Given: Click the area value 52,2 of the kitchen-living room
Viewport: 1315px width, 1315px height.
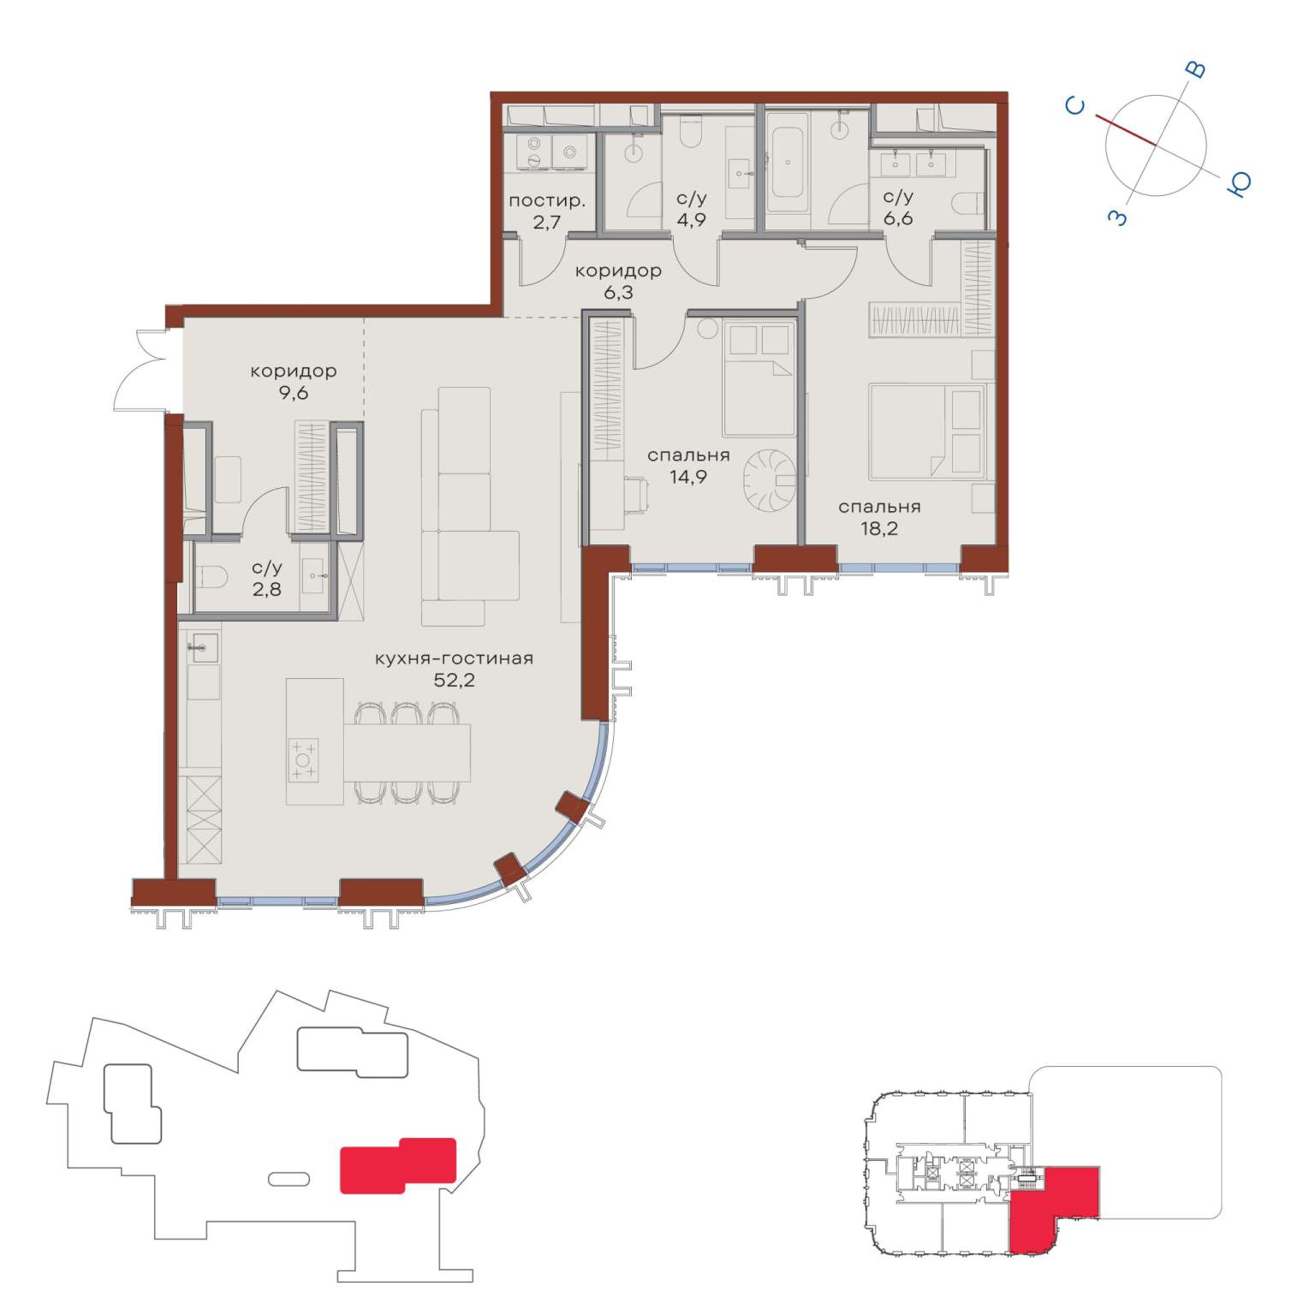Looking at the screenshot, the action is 454,681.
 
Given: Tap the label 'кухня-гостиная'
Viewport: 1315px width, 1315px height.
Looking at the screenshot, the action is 454,658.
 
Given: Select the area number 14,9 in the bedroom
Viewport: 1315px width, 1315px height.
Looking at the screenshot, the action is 688,477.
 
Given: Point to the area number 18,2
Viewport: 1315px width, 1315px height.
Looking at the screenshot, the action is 879,528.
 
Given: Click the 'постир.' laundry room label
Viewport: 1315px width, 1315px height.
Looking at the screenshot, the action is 547,202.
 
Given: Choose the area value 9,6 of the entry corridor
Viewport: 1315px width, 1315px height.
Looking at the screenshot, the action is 293,393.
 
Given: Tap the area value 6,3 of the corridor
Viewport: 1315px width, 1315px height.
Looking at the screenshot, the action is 617,293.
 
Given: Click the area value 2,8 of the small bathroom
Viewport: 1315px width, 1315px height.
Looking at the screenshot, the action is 266,589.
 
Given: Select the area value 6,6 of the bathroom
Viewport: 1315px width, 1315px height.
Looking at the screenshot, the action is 898,218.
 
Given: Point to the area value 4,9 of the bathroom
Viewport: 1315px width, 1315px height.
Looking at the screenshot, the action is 691,220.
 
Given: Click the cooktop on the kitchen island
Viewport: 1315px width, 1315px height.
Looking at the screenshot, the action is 303,759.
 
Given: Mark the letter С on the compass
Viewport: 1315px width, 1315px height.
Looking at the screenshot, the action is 1075,105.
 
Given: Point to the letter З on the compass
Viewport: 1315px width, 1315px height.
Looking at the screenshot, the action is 1118,217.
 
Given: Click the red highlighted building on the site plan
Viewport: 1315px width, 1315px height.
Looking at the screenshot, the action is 398,1165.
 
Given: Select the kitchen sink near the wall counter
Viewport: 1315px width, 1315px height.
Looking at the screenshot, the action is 202,647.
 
